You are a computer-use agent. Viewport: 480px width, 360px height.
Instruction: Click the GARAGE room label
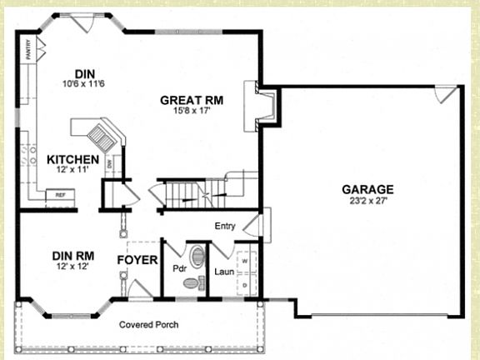point(367,189)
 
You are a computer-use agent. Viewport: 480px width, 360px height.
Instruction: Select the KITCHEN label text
point(73,159)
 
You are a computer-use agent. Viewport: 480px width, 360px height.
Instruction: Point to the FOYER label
point(137,261)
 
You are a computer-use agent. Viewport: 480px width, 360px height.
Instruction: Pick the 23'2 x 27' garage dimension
point(367,201)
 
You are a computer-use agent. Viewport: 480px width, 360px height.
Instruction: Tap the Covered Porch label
point(148,324)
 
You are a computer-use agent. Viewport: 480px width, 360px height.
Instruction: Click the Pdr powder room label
point(178,270)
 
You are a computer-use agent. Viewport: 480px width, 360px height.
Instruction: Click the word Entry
point(225,226)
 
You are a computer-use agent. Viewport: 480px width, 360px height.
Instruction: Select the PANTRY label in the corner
point(28,50)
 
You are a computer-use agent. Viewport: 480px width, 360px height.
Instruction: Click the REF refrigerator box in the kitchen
point(61,195)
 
